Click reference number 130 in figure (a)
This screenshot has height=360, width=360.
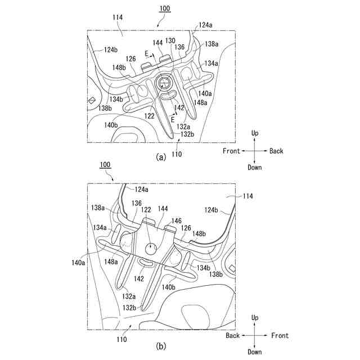(170, 40)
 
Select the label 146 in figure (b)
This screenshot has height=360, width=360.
(177, 222)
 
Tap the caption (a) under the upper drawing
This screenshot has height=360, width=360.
(161, 157)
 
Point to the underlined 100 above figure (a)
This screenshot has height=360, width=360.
(165, 9)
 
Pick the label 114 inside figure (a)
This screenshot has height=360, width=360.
(117, 18)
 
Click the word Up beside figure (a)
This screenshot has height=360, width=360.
(255, 133)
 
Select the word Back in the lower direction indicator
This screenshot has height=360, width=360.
(233, 336)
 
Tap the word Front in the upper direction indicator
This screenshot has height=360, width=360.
(231, 151)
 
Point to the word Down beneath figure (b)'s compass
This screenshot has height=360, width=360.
(255, 352)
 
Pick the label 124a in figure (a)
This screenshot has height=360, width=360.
(205, 25)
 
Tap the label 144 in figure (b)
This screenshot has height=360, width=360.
(163, 209)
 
